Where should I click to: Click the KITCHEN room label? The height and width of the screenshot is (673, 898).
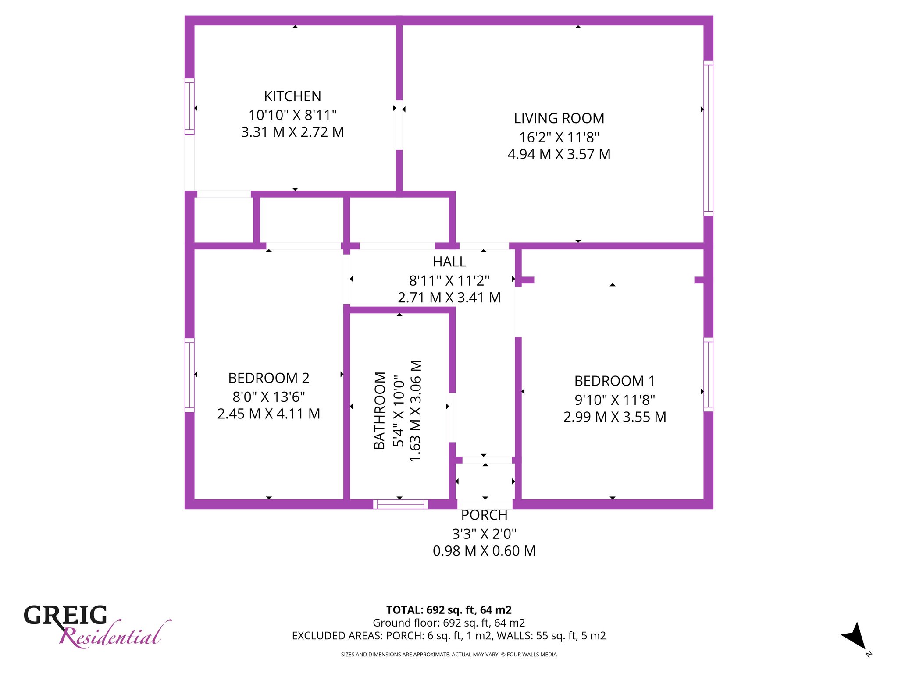[292, 96]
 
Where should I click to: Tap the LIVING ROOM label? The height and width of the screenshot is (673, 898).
[559, 118]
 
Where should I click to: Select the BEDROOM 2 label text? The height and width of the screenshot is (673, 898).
[269, 378]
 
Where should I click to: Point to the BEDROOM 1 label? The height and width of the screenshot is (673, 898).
[615, 381]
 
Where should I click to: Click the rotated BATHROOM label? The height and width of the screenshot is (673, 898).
[380, 411]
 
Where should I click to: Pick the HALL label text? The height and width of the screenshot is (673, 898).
[449, 262]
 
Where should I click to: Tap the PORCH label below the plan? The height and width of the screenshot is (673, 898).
[484, 515]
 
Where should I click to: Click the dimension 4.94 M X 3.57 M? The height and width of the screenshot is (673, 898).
[559, 154]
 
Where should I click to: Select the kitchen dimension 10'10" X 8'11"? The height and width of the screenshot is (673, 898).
[292, 115]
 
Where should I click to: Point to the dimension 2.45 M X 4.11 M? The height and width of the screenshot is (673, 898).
[269, 414]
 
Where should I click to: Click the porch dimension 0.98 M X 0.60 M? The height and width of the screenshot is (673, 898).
[484, 551]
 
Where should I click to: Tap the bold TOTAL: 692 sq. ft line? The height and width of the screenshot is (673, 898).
[449, 610]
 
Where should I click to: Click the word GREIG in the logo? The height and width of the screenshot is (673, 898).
[65, 615]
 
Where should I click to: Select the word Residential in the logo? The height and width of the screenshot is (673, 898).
[115, 635]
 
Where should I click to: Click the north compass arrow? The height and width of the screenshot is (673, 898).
[855, 636]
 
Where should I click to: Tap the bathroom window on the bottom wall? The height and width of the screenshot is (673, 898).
[401, 504]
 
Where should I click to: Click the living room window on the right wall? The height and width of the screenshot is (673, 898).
[709, 138]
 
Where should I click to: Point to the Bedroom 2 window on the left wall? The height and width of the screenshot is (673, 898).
[189, 375]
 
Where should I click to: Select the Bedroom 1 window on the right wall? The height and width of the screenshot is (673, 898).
[709, 375]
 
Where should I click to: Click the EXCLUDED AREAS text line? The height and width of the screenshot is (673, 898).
[449, 636]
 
